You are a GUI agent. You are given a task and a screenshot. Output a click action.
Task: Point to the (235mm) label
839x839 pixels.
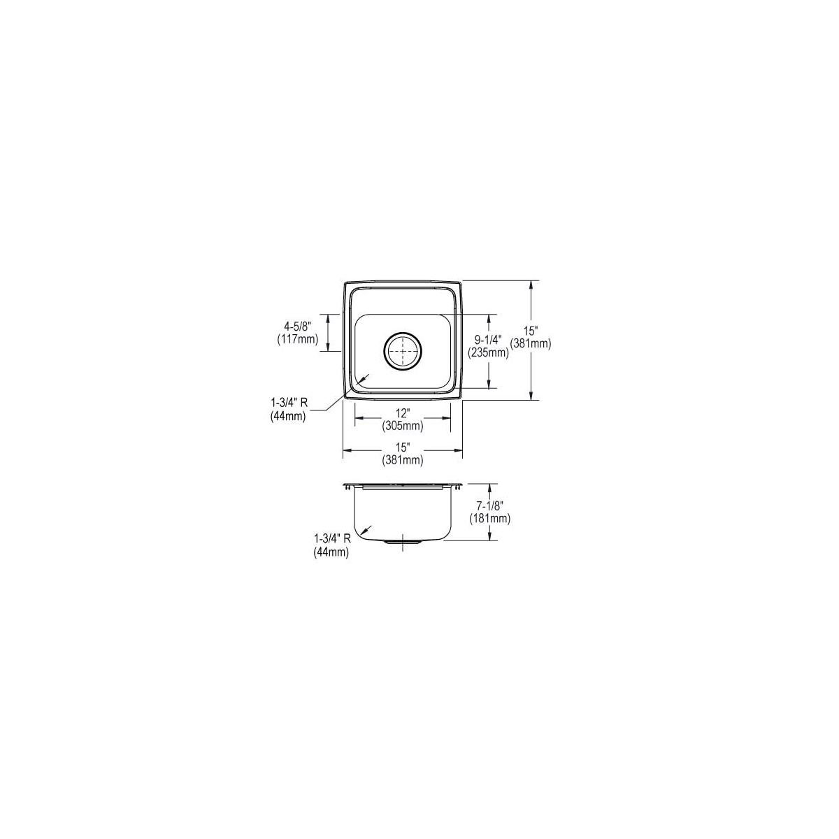pos(488,352)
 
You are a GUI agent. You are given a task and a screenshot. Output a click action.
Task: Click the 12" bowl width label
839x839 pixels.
pos(403,412)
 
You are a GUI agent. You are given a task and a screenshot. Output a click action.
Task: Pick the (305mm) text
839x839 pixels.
pos(403,425)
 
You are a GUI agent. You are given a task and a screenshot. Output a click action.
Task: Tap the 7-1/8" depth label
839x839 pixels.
pos(490,505)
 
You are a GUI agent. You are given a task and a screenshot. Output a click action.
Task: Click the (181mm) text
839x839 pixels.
pos(490,518)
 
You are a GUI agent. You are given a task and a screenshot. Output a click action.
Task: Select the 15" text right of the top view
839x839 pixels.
pos(531,330)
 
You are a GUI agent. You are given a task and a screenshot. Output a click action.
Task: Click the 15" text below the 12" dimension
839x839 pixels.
pos(403,446)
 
